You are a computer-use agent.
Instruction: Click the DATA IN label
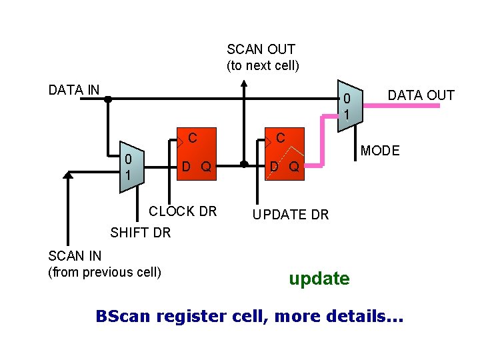click(x=74, y=90)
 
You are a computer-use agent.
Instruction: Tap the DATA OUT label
click(x=421, y=95)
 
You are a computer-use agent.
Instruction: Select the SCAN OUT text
click(x=261, y=49)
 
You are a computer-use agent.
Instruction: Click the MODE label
click(x=379, y=151)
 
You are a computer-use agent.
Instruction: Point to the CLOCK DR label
click(x=183, y=211)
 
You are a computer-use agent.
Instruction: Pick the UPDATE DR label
click(x=290, y=215)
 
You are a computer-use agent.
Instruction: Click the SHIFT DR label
click(x=140, y=233)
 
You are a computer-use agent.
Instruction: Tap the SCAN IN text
click(x=75, y=256)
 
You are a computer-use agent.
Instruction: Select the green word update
click(x=319, y=279)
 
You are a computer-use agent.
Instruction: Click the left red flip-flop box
click(x=196, y=154)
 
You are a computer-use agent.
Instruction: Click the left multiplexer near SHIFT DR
click(x=129, y=167)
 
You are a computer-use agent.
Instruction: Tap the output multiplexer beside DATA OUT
click(x=349, y=105)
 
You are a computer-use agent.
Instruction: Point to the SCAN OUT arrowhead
click(x=244, y=85)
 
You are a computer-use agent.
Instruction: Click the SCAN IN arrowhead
click(x=67, y=175)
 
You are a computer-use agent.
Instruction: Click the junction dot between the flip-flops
click(x=244, y=164)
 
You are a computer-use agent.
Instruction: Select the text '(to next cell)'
click(x=263, y=65)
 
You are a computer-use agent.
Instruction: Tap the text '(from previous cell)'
click(x=105, y=272)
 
